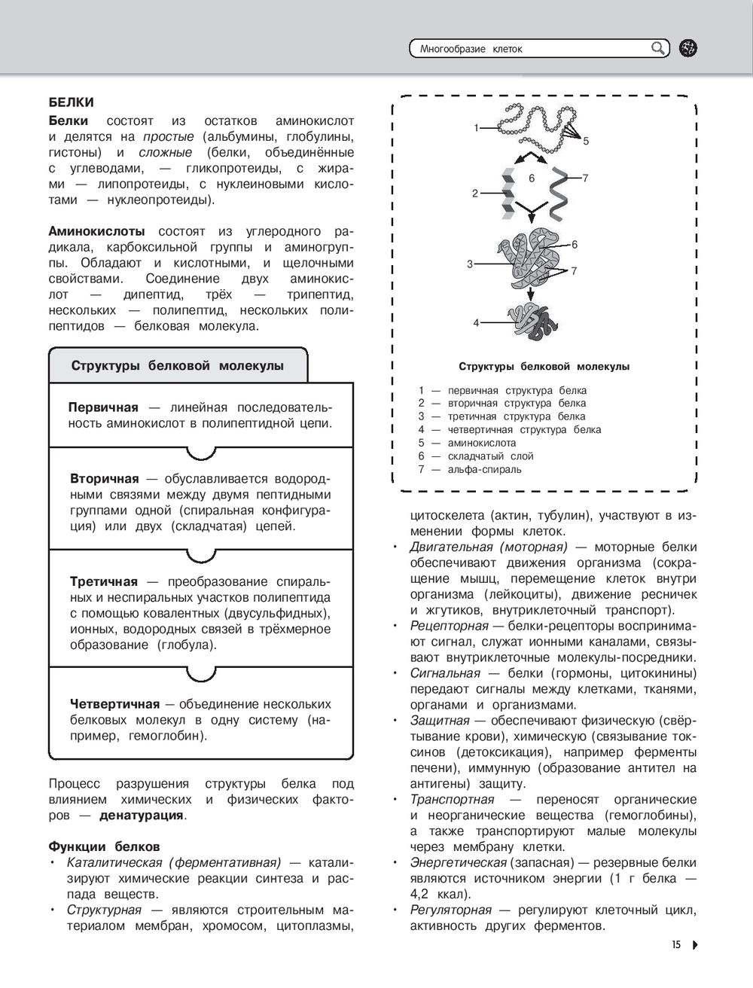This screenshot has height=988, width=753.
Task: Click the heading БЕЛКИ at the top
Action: (71, 102)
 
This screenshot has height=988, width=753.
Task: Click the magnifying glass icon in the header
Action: (658, 49)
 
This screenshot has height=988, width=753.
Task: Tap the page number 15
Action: (676, 944)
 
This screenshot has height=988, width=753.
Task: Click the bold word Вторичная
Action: (104, 479)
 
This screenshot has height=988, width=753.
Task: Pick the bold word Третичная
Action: (103, 582)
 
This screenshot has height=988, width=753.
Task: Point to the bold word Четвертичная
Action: (114, 704)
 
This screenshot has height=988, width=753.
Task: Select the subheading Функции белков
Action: (104, 846)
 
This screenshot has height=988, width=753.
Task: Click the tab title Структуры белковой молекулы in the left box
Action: (178, 366)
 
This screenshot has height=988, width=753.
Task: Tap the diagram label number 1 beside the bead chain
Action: (476, 128)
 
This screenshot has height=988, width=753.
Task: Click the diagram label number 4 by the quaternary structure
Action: (476, 322)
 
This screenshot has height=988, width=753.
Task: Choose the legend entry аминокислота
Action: (482, 443)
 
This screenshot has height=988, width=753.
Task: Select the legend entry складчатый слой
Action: (490, 456)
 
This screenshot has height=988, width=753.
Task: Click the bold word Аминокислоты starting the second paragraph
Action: (96, 231)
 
